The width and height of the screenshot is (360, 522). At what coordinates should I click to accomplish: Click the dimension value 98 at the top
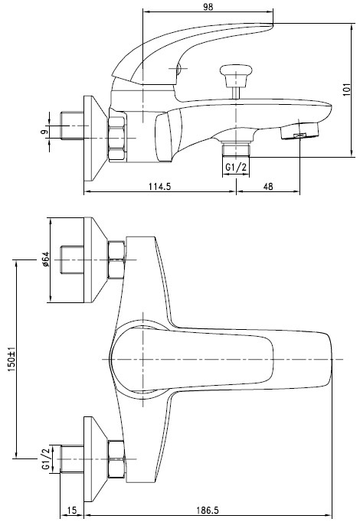coord(208,6)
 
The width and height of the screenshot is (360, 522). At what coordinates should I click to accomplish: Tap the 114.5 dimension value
coord(159,184)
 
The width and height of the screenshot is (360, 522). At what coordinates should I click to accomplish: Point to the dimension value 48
coord(268,184)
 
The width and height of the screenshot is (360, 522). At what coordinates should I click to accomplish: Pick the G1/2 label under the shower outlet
coord(235,168)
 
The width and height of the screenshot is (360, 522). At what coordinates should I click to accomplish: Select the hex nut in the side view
coord(116,136)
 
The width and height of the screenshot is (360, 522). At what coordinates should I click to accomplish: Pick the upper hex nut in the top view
coord(116,260)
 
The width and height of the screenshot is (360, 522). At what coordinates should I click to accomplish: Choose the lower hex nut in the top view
coord(116,458)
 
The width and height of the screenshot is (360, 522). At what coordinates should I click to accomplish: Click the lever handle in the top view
coord(191,358)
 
